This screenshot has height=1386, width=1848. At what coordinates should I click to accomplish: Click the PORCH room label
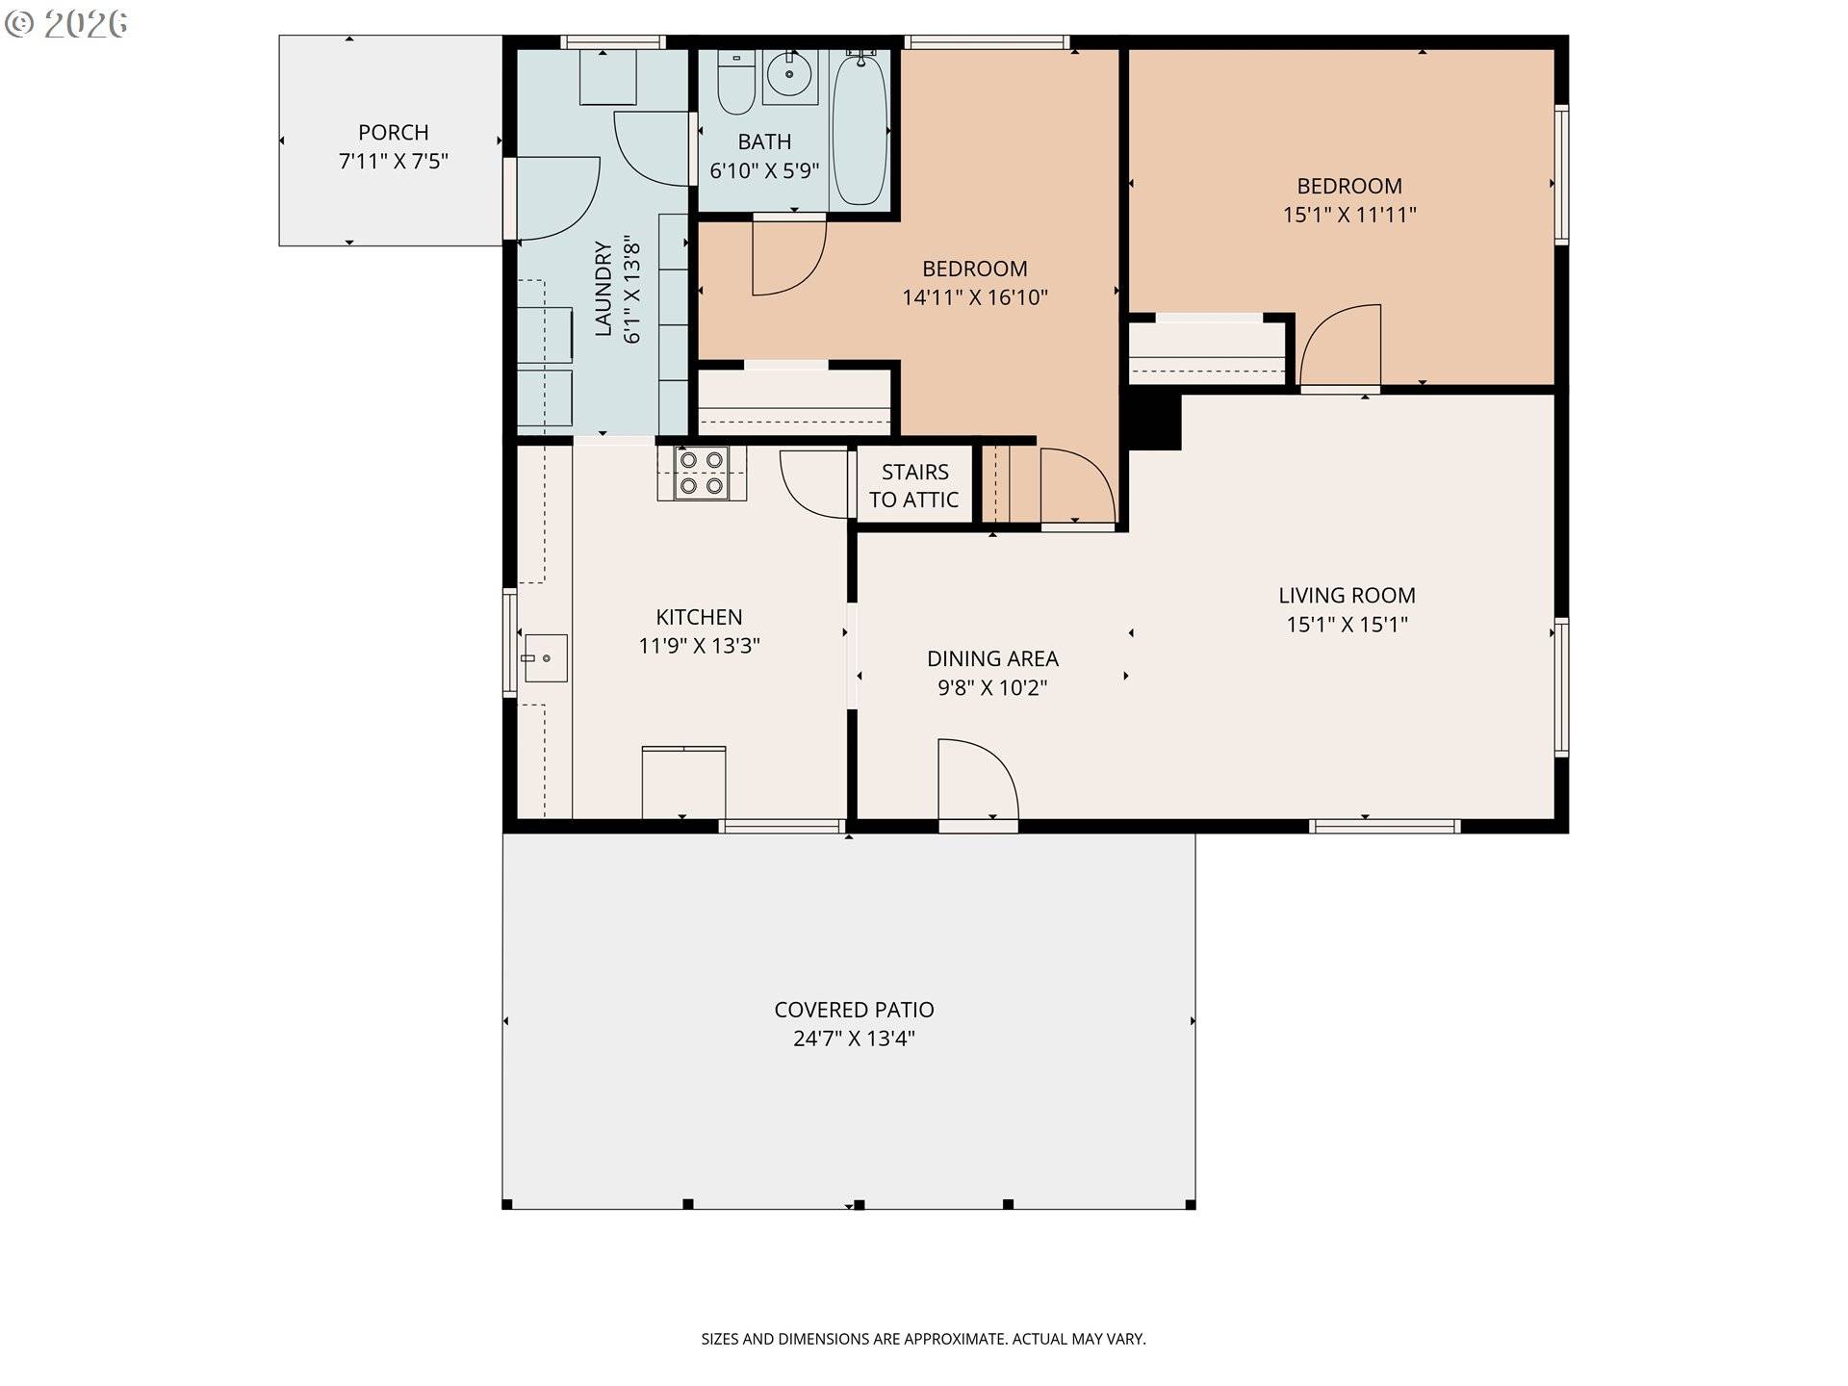click(x=393, y=133)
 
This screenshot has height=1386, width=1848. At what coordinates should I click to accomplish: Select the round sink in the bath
click(x=789, y=74)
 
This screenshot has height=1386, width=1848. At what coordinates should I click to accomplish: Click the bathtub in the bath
click(x=859, y=129)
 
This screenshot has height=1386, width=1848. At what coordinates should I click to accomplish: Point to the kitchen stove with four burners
click(x=702, y=473)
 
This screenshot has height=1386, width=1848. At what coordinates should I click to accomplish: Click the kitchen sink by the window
click(x=545, y=658)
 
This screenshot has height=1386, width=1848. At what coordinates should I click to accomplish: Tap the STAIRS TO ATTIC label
click(x=914, y=485)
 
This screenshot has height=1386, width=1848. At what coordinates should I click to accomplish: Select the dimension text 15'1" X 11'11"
click(x=1348, y=215)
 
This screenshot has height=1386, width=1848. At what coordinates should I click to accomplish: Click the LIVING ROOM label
click(x=1346, y=596)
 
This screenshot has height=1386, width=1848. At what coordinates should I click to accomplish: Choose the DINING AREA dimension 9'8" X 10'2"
click(x=991, y=687)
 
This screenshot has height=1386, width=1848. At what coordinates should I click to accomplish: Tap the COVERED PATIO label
click(x=854, y=1010)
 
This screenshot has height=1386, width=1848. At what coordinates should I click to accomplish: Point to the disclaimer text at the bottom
click(x=923, y=1339)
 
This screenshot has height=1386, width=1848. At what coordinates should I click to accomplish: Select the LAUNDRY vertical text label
click(x=603, y=288)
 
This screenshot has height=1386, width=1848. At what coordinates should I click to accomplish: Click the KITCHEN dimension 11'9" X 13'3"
click(x=699, y=646)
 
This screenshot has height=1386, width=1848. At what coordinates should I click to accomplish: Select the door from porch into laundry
click(x=556, y=198)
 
